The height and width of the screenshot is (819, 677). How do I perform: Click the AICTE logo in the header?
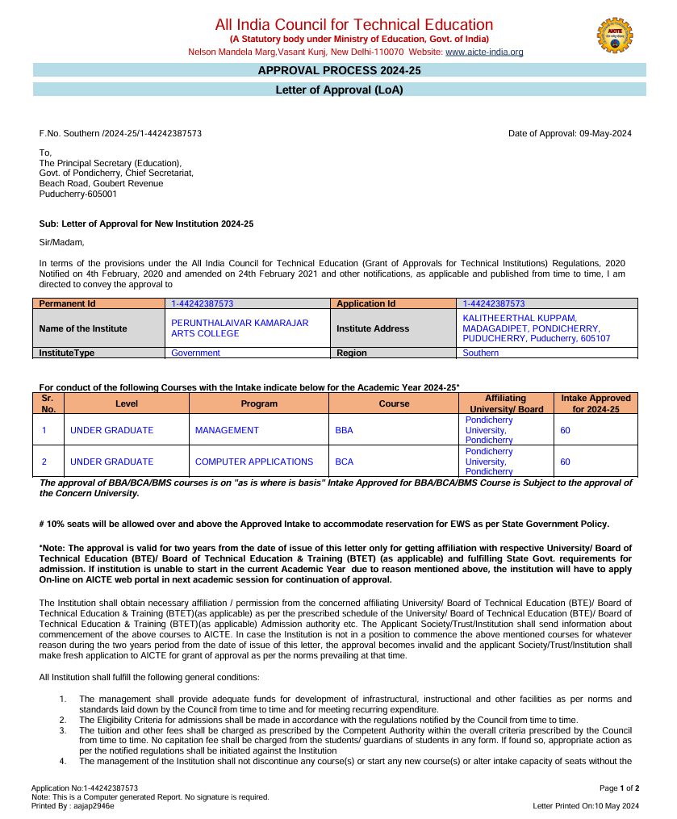pyautogui.click(x=614, y=36)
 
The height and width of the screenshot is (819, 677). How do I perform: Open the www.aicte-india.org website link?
pyautogui.click(x=484, y=52)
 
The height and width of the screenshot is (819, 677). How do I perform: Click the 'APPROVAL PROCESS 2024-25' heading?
pyautogui.click(x=339, y=71)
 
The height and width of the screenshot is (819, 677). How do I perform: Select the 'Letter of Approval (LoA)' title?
pyautogui.click(x=339, y=90)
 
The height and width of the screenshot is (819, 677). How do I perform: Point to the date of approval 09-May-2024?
pyautogui.click(x=570, y=133)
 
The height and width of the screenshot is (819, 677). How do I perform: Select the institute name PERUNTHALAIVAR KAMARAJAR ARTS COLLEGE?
pyautogui.click(x=240, y=328)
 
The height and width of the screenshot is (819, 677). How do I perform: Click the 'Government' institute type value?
pyautogui.click(x=195, y=353)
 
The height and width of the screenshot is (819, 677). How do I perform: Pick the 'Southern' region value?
pyautogui.click(x=481, y=353)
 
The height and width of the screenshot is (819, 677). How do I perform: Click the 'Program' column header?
pyautogui.click(x=259, y=403)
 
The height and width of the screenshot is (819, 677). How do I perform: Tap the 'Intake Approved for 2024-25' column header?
pyautogui.click(x=596, y=403)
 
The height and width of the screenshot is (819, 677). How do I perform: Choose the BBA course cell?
pyautogui.click(x=344, y=431)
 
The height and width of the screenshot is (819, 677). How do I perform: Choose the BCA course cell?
pyautogui.click(x=344, y=462)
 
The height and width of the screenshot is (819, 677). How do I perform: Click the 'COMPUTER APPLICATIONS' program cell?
pyautogui.click(x=254, y=462)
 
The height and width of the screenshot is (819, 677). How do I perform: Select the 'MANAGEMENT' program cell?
pyautogui.click(x=227, y=431)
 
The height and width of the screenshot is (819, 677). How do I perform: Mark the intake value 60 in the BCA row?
pyautogui.click(x=565, y=462)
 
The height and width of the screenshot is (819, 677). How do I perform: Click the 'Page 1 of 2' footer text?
pyautogui.click(x=619, y=788)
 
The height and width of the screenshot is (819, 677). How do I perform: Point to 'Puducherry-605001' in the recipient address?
pyautogui.click(x=77, y=194)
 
